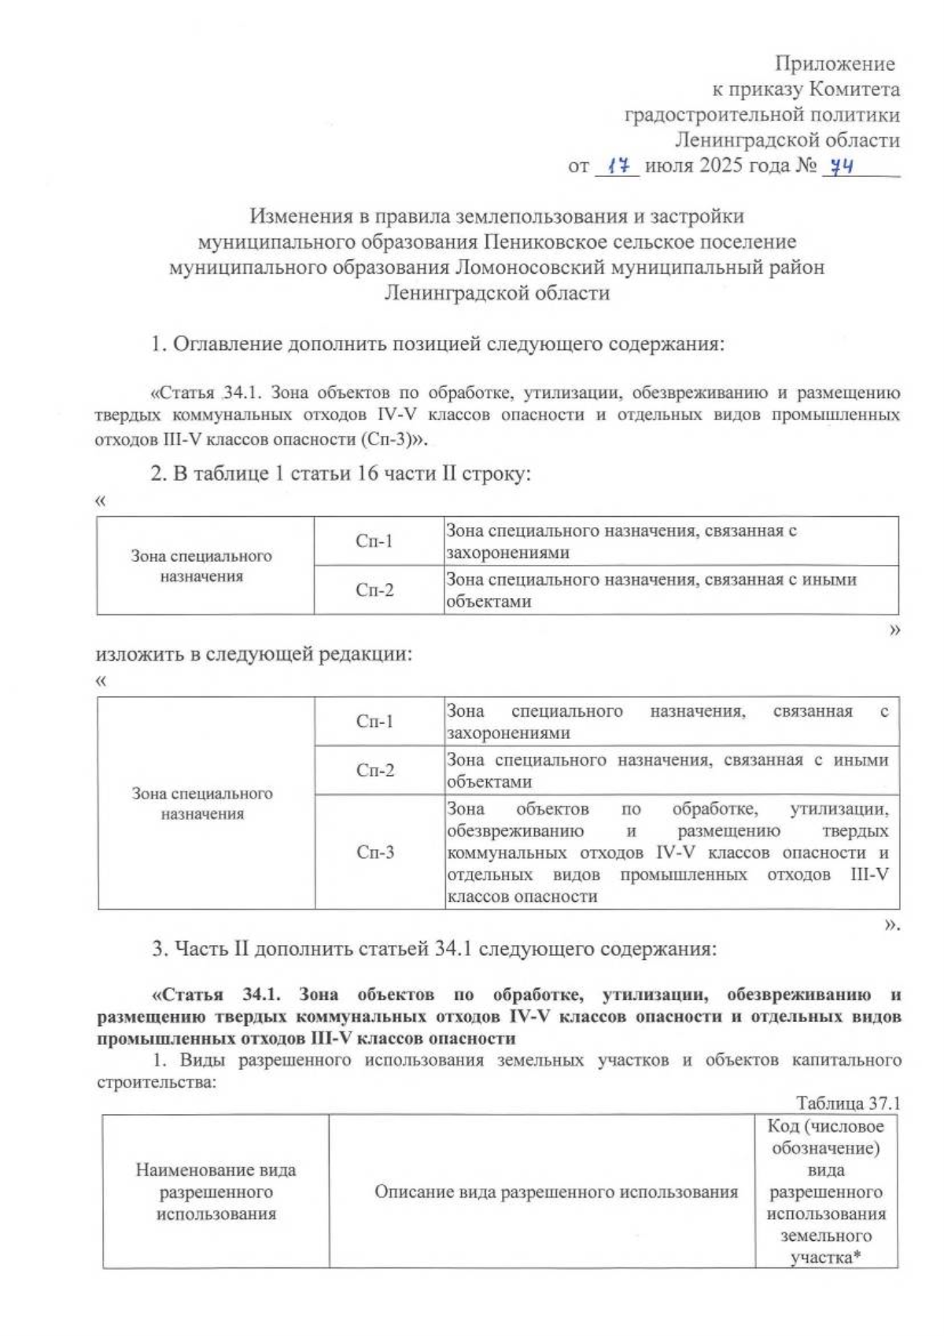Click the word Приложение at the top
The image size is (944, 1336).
(835, 64)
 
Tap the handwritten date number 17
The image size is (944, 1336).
(618, 166)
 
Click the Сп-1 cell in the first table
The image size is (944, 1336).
(374, 541)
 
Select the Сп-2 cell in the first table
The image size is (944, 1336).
(374, 590)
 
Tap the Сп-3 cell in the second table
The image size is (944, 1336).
(375, 852)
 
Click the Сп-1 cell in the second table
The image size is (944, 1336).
(375, 722)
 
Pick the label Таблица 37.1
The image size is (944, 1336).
(847, 1103)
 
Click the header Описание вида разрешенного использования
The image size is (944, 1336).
(555, 1192)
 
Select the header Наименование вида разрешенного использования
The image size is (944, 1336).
(216, 1192)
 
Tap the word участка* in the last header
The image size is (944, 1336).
(825, 1257)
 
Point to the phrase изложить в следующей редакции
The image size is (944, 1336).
(254, 655)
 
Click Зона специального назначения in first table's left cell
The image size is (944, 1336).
(201, 566)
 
